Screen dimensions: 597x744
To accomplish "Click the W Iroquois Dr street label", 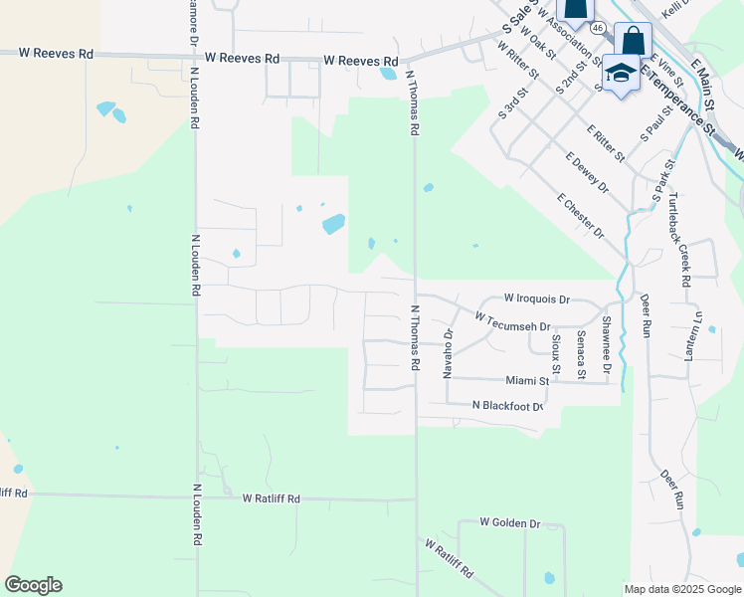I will pos(536,298).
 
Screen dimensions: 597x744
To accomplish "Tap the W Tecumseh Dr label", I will pos(512,322).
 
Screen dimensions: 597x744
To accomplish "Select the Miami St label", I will pos(527,380).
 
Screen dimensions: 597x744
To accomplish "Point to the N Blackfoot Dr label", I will pos(507,405).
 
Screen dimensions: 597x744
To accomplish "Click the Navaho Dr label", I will pos(449,353).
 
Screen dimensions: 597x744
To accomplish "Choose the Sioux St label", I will pos(556,354).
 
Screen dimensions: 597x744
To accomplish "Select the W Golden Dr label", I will pos(509,522).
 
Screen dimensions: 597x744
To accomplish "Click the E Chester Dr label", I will pos(581,216).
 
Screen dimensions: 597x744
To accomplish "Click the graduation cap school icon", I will pos(621,75).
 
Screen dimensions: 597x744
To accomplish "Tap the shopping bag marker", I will pos(633,42).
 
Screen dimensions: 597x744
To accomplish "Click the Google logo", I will pos(33,585).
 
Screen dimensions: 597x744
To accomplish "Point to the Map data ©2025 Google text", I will pos(681,589).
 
